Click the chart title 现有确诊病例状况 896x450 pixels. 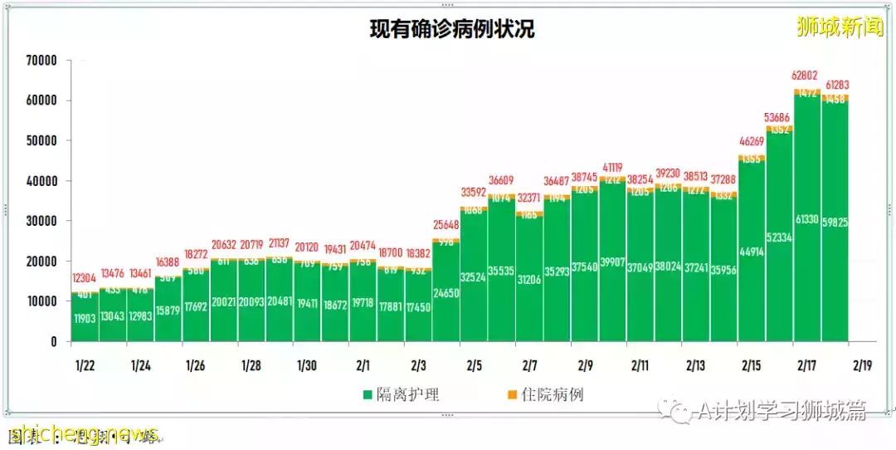pyautogui.click(x=451, y=29)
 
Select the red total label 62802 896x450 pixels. pyautogui.click(x=807, y=76)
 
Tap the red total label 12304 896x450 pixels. pyautogui.click(x=85, y=278)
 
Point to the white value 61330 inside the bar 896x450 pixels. pyautogui.click(x=807, y=218)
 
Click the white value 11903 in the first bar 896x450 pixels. pyautogui.click(x=85, y=318)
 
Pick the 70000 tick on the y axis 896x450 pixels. pyautogui.click(x=41, y=61)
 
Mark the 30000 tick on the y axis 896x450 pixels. pyautogui.click(x=41, y=221)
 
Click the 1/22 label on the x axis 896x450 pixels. pyautogui.click(x=85, y=365)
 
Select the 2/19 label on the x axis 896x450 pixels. pyautogui.click(x=863, y=365)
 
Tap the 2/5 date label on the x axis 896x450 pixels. pyautogui.click(x=474, y=365)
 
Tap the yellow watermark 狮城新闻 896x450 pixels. pyautogui.click(x=840, y=27)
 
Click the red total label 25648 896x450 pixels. pyautogui.click(x=446, y=225)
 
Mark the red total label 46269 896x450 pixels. pyautogui.click(x=752, y=142)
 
